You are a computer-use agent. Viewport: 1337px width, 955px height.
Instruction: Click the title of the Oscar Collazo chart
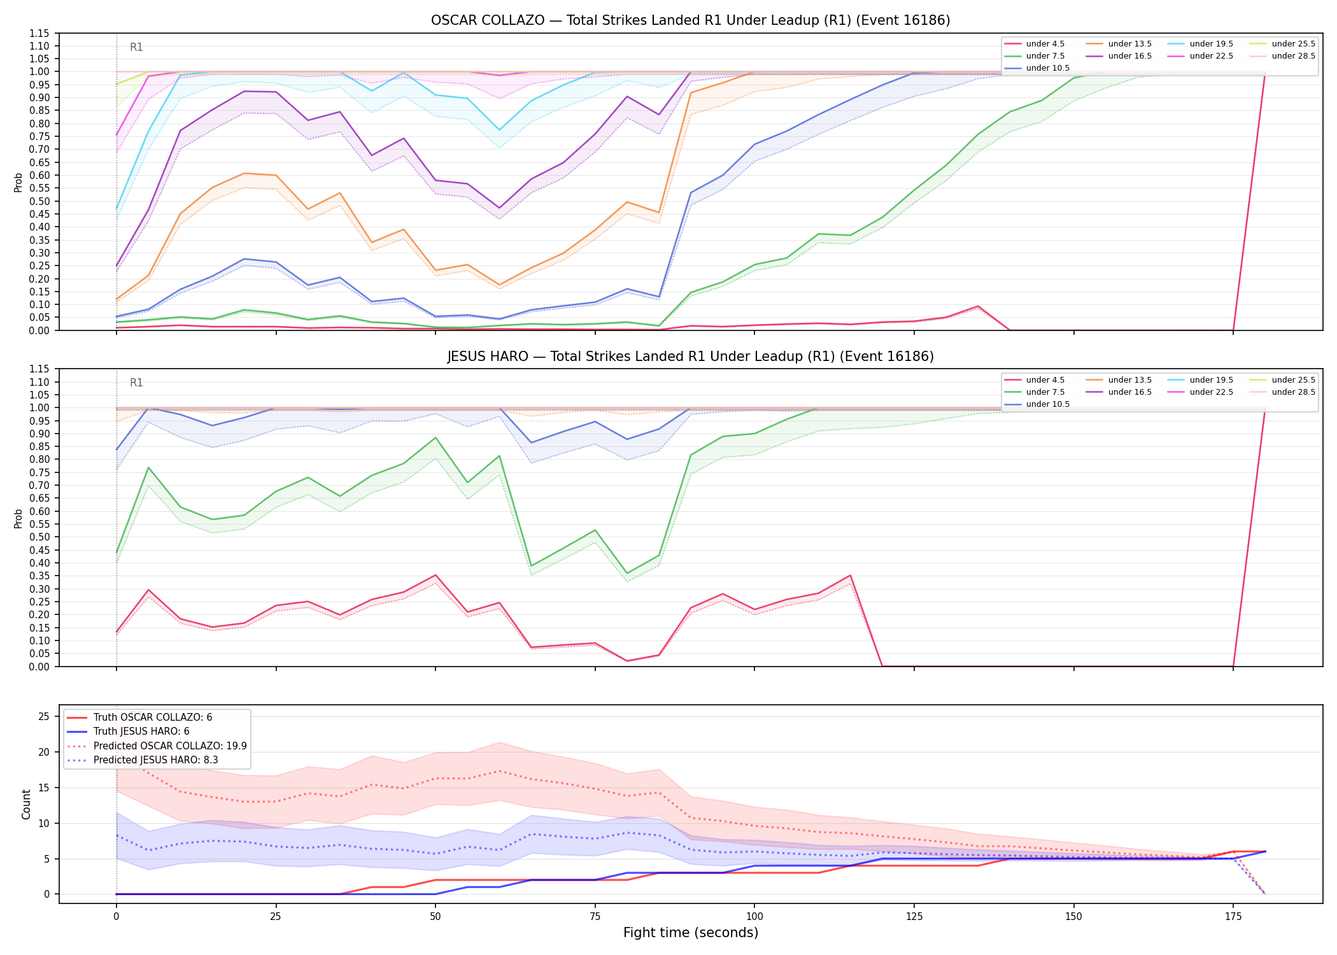(690, 20)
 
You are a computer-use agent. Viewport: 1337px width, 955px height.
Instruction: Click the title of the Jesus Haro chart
(690, 357)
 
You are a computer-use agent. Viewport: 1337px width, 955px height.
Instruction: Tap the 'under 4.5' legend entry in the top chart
(1036, 44)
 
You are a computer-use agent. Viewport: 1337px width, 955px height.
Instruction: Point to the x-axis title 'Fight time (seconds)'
(691, 933)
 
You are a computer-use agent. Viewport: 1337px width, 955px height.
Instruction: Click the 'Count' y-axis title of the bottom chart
(26, 804)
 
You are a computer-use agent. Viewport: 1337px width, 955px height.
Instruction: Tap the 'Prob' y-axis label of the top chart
(18, 183)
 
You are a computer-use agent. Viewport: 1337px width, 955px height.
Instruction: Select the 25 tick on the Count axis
(44, 717)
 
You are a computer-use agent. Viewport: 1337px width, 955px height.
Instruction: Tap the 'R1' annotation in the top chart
(136, 47)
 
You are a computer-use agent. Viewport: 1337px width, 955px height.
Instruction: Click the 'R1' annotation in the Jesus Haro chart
(136, 383)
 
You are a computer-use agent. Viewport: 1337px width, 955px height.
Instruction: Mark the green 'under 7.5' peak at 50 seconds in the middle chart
(435, 437)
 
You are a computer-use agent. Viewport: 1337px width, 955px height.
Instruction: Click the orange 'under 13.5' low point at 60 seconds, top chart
(499, 285)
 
